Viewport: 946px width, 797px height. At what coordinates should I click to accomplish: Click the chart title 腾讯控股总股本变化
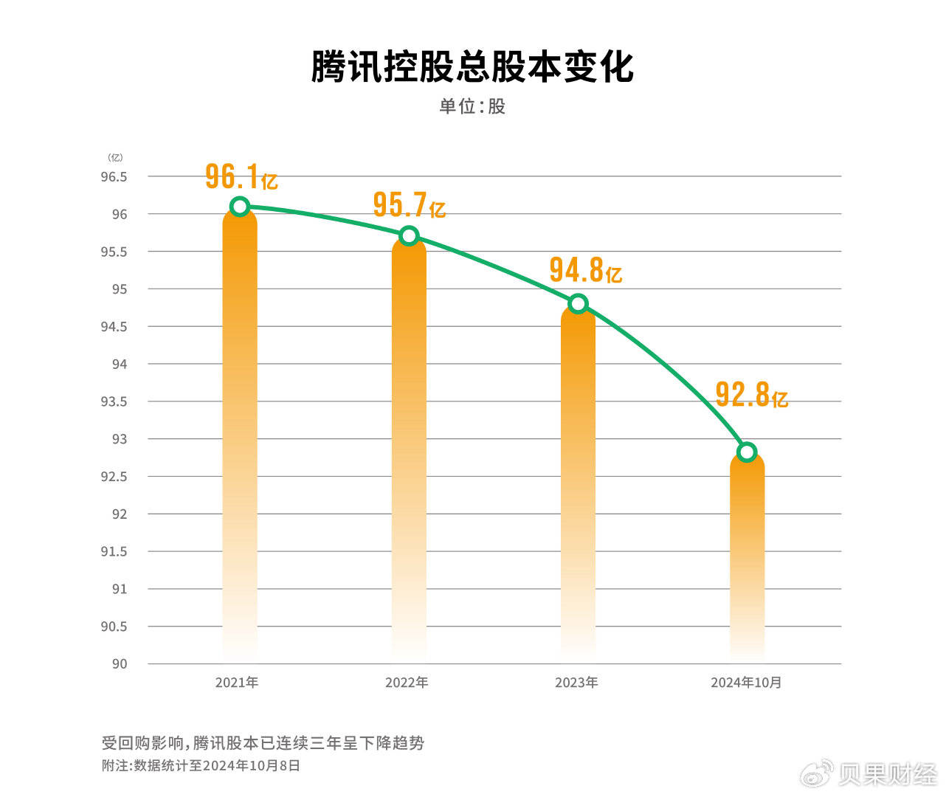click(x=472, y=66)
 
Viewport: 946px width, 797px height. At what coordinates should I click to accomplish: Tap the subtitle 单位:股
click(x=472, y=106)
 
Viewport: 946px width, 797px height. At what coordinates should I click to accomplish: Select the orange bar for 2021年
click(x=240, y=435)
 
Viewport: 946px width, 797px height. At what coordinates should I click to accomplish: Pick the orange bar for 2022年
click(x=409, y=450)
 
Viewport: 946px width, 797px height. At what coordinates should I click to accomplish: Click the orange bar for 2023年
click(x=578, y=480)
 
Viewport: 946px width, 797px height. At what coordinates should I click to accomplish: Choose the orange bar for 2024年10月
click(x=747, y=553)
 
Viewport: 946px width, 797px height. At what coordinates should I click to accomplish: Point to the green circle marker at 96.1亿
click(x=240, y=206)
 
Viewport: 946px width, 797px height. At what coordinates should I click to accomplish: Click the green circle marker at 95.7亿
click(x=409, y=236)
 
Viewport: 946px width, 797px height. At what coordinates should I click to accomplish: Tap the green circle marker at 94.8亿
click(x=578, y=303)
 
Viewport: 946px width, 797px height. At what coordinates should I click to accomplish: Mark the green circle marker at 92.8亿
click(x=747, y=452)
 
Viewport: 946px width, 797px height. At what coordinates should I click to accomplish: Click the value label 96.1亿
click(x=241, y=177)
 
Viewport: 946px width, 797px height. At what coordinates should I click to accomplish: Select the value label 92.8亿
click(x=751, y=396)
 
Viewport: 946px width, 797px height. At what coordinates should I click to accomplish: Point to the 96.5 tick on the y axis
click(x=114, y=177)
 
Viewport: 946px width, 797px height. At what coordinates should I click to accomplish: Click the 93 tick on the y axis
click(x=120, y=439)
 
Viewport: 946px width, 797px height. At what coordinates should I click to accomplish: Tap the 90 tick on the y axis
click(x=120, y=664)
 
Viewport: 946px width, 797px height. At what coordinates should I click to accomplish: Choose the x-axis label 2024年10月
click(x=746, y=683)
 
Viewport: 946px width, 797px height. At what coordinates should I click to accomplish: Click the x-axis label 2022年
click(x=407, y=683)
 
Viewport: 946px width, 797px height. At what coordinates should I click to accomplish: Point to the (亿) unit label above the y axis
click(x=115, y=157)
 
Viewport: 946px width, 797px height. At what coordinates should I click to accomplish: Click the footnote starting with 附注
click(x=201, y=766)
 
